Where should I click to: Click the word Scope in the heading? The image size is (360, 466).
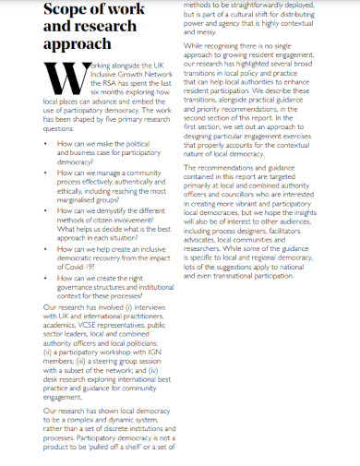click(70, 10)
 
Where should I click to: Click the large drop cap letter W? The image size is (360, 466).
click(64, 87)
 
